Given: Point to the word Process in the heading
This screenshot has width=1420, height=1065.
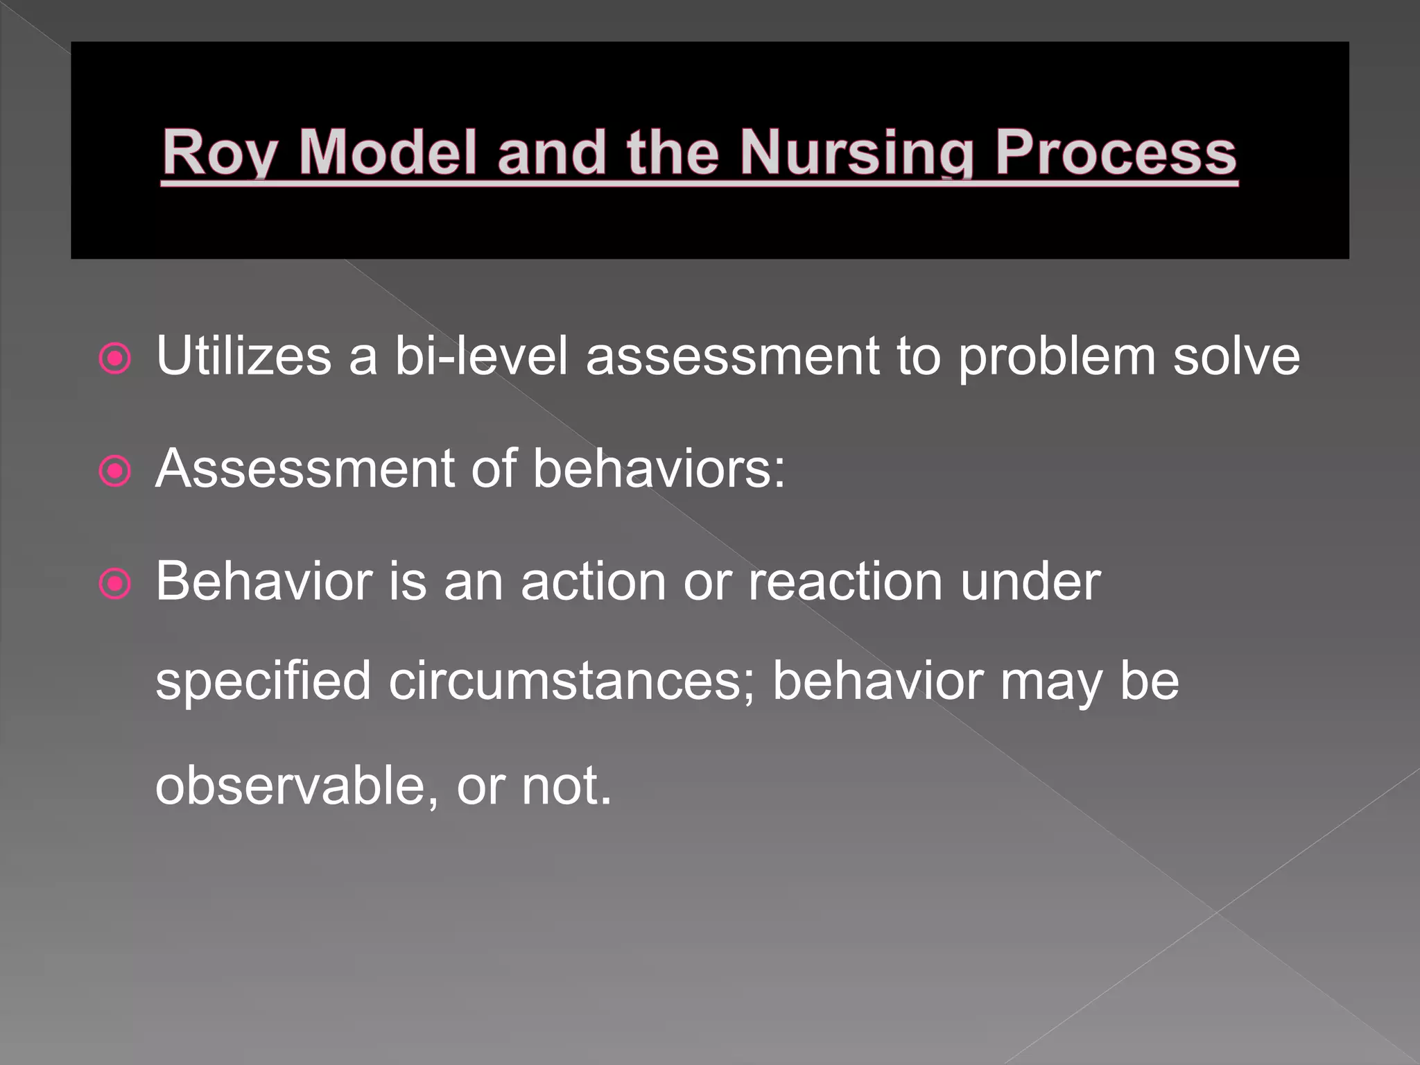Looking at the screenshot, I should coord(1116,153).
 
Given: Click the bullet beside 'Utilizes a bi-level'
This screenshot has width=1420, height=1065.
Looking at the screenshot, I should coord(115,358).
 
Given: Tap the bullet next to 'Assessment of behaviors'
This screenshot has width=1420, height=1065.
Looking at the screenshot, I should coord(115,472).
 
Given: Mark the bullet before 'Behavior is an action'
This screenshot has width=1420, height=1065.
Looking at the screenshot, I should coord(115,584).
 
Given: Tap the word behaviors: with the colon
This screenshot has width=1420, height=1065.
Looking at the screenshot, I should coord(659,469).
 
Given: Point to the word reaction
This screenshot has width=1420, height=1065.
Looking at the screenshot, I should coord(845,581).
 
